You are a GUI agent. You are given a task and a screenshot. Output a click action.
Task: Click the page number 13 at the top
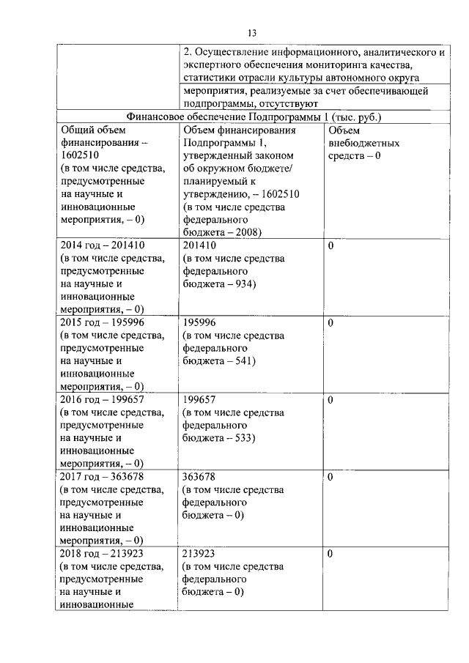tap(251, 33)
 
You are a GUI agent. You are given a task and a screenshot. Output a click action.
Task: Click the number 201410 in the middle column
tap(199, 245)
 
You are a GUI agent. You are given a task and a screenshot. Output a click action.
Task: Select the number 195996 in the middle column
tap(199, 322)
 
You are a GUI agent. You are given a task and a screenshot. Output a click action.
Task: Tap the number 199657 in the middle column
tap(199, 399)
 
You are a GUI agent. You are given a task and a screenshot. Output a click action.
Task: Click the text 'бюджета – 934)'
tap(219, 284)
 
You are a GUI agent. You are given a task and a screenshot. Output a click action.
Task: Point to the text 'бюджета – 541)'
tap(219, 361)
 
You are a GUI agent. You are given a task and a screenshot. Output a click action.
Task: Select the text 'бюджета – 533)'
tap(219, 438)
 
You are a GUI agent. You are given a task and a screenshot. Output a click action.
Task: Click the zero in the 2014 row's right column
tap(330, 245)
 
